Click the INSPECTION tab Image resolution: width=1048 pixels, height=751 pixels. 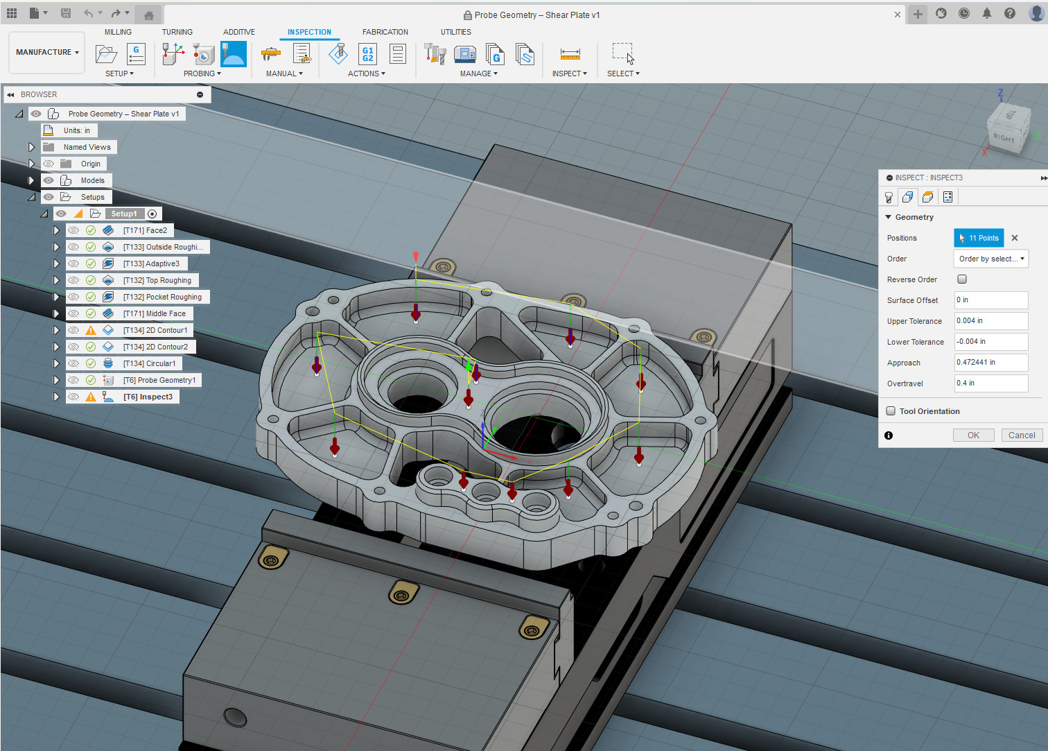click(309, 32)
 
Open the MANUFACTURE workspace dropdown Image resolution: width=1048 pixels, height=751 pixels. click(47, 52)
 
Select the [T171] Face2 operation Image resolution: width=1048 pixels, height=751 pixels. click(145, 230)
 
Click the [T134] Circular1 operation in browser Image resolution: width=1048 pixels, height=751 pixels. click(149, 363)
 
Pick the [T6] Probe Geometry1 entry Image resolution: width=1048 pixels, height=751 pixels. click(159, 380)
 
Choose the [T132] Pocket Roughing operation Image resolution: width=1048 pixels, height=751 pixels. click(162, 297)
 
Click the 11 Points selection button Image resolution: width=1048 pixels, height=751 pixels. click(979, 238)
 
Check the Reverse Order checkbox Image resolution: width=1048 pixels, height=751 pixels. click(962, 279)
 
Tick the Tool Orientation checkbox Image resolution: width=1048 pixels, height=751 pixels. click(891, 411)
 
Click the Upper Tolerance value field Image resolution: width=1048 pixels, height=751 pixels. click(991, 321)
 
